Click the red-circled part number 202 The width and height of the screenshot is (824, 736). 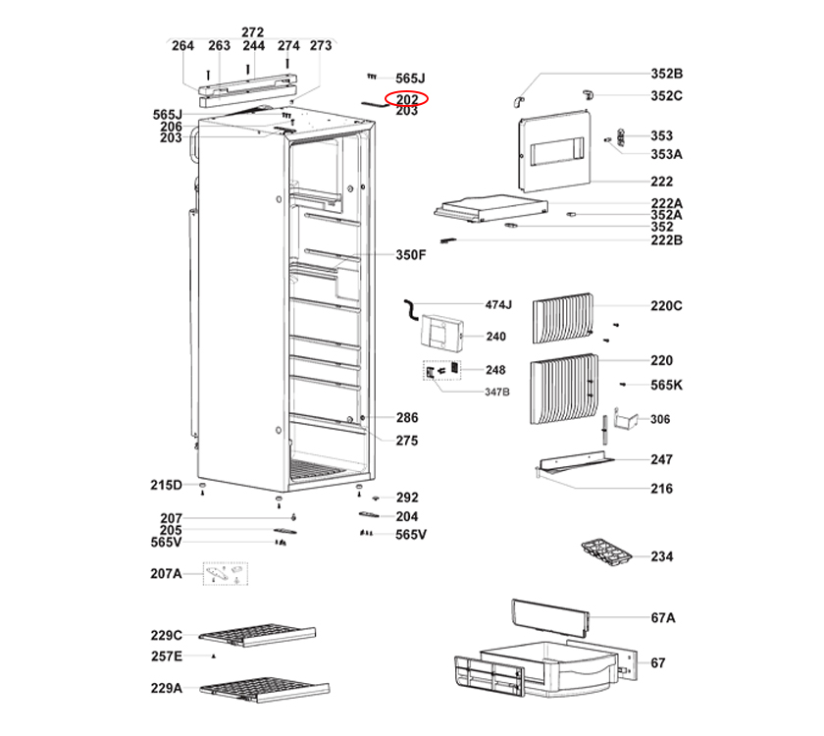pos(407,99)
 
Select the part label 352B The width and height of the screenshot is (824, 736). pos(666,74)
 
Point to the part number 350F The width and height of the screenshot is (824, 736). pos(411,255)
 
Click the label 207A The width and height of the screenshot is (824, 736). pos(166,573)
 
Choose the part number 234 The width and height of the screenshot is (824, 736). pos(662,556)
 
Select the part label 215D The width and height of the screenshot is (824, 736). pos(166,485)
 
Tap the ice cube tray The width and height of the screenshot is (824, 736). pos(606,552)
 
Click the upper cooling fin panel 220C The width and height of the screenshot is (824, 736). pos(563,319)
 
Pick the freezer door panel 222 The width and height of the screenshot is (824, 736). pos(554,155)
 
